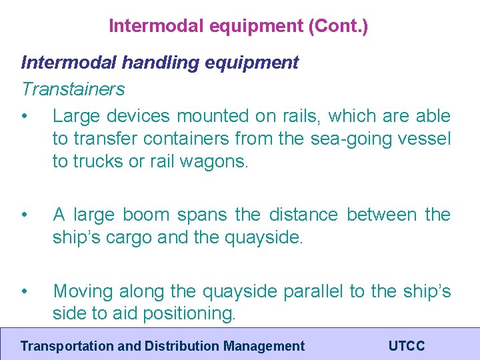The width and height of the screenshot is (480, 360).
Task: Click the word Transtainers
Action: coord(73,89)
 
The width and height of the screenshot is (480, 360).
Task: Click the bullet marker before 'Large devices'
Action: coord(25,116)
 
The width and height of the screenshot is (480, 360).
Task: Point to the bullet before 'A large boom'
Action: coord(25,215)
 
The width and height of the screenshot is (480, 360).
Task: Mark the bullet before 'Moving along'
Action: coord(25,291)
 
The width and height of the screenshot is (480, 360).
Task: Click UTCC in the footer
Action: coord(406,346)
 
